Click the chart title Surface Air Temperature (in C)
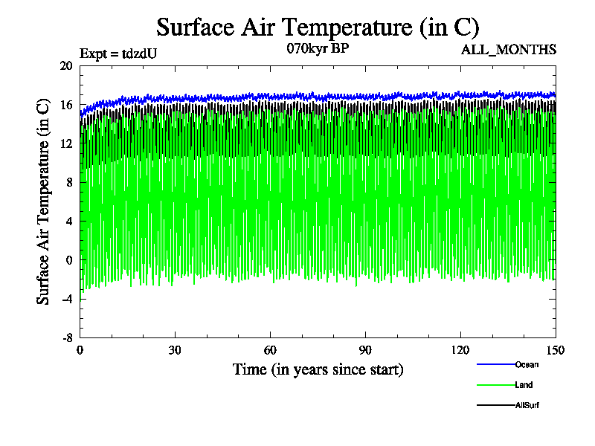(318, 28)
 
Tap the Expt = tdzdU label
(118, 54)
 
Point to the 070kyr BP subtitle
(318, 49)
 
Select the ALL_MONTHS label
(509, 50)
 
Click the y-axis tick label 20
(66, 66)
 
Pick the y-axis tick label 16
(66, 105)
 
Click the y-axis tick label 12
(66, 143)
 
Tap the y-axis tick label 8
(68, 182)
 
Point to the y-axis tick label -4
(66, 299)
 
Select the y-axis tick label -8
(66, 337)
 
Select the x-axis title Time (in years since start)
(318, 369)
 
